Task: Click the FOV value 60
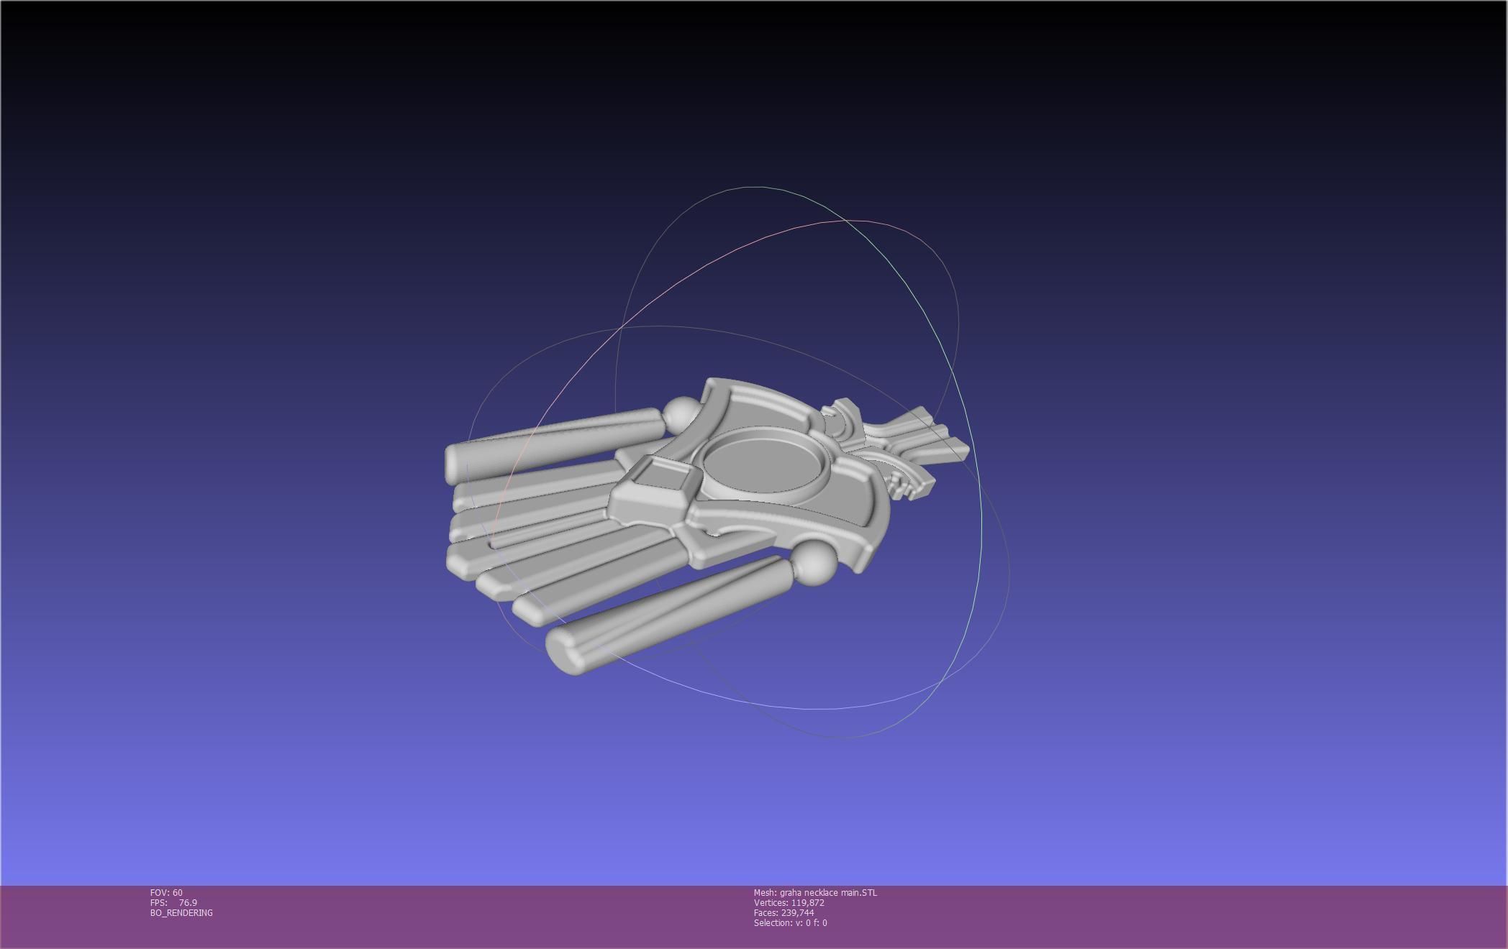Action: pyautogui.click(x=177, y=893)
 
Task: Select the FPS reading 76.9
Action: pyautogui.click(x=188, y=903)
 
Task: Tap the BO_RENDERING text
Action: pyautogui.click(x=181, y=913)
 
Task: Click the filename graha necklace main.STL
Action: pyautogui.click(x=828, y=893)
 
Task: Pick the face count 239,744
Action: pyautogui.click(x=797, y=913)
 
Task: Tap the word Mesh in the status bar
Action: pyautogui.click(x=764, y=893)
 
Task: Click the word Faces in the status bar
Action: pyautogui.click(x=766, y=913)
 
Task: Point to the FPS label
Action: pyautogui.click(x=158, y=903)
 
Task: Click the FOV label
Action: pyautogui.click(x=159, y=893)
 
